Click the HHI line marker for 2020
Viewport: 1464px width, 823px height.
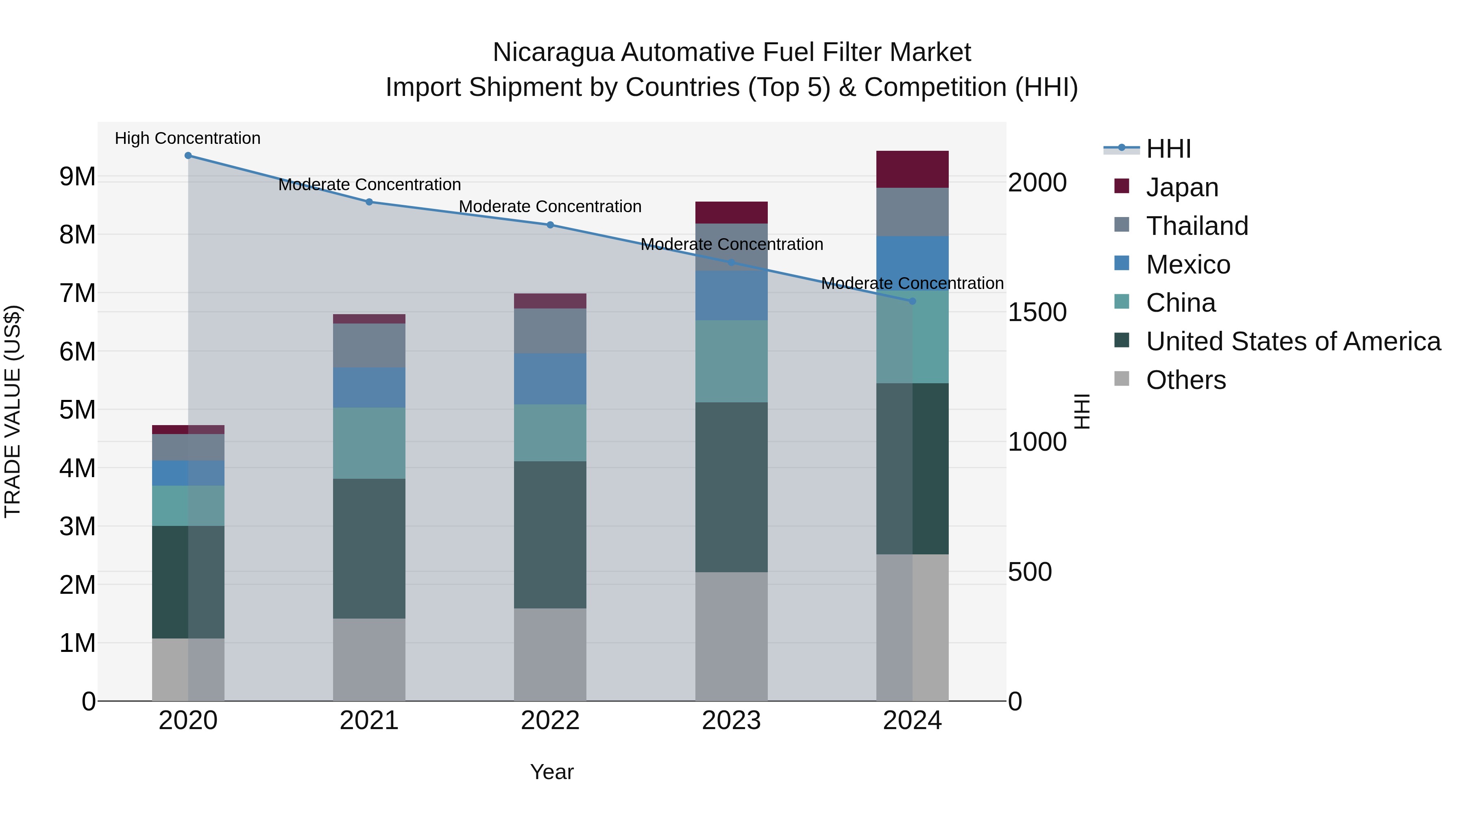188,156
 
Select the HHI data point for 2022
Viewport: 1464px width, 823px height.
550,225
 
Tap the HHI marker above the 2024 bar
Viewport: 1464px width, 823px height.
912,301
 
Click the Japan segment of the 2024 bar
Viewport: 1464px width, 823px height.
912,169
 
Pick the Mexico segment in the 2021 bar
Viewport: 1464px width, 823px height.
369,387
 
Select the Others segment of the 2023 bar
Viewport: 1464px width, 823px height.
732,636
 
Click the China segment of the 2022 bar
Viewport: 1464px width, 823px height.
550,433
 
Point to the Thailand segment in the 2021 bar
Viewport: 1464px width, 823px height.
369,345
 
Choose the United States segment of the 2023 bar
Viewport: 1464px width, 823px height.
732,487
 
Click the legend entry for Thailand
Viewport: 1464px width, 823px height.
1197,226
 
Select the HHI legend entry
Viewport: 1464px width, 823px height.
1168,149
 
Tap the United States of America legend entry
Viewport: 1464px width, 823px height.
1293,341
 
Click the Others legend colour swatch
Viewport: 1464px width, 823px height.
1121,379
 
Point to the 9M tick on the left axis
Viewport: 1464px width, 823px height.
77,177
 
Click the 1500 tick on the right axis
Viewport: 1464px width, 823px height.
1037,313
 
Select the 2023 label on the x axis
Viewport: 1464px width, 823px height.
732,721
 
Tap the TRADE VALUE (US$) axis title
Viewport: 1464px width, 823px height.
13,411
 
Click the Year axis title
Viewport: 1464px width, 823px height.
552,772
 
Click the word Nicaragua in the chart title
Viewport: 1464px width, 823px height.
553,52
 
